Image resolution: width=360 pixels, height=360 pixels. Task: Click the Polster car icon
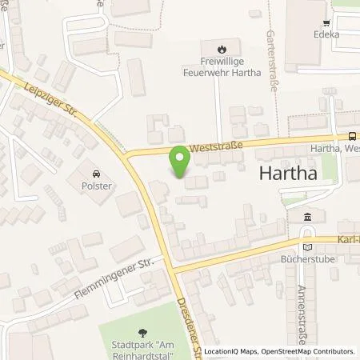click(96, 174)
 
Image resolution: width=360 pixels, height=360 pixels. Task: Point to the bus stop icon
click(353, 137)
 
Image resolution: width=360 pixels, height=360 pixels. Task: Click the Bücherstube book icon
click(308, 247)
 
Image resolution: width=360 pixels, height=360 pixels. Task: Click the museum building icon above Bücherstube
click(308, 217)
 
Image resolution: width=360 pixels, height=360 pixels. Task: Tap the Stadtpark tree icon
click(143, 334)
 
